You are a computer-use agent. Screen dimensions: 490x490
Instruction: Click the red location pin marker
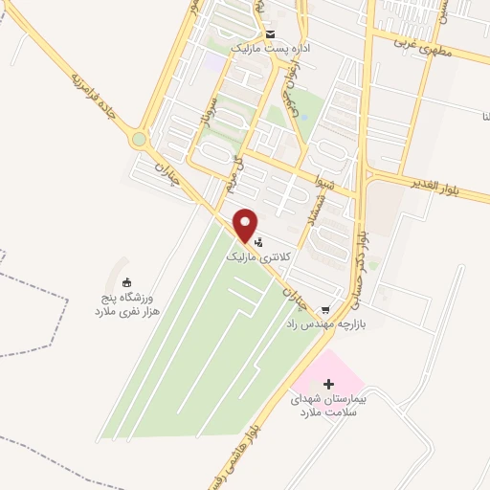pyautogui.click(x=246, y=224)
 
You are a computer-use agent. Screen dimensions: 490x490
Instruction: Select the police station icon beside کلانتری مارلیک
pyautogui.click(x=257, y=243)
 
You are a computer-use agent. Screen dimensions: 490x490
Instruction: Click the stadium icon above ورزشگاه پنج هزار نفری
pyautogui.click(x=126, y=281)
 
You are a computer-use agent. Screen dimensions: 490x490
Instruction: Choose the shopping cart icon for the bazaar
pyautogui.click(x=325, y=309)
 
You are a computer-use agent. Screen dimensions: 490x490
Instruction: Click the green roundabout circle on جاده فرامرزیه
pyautogui.click(x=140, y=140)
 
